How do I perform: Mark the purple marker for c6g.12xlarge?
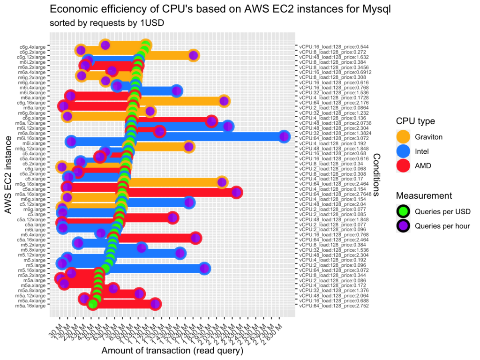click(x=193, y=56)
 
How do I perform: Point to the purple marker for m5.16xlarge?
click(x=71, y=273)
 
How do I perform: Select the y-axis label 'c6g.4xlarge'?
click(x=32, y=47)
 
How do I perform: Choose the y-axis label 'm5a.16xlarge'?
click(x=31, y=306)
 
